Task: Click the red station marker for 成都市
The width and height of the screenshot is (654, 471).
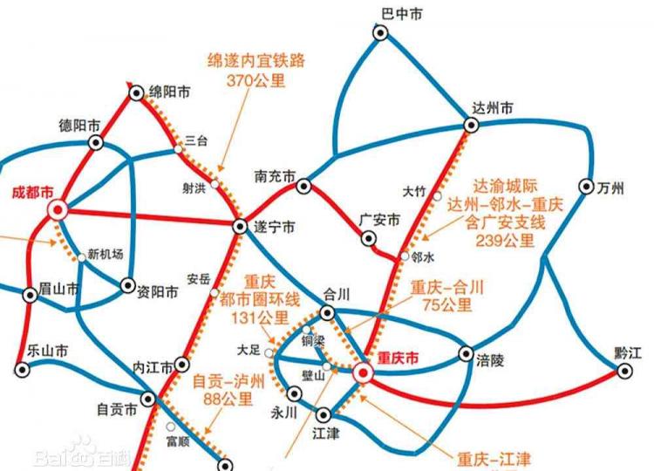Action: click(58, 209)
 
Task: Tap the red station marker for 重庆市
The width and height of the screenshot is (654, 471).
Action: click(364, 374)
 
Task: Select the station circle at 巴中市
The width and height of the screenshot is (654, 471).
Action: click(380, 32)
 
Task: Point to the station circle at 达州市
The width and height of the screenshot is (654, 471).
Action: click(471, 125)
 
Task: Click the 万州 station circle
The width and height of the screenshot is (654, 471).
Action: click(585, 187)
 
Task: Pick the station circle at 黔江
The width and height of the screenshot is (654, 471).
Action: click(624, 370)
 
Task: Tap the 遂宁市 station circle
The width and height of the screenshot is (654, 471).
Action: click(241, 226)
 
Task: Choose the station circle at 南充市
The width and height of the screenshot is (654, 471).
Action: click(303, 186)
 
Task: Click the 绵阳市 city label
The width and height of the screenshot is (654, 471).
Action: click(171, 92)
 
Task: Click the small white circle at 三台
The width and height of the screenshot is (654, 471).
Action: click(179, 149)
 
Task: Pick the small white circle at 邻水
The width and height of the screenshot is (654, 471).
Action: click(404, 256)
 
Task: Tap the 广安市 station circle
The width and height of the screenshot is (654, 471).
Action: click(366, 238)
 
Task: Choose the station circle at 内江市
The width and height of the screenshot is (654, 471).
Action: click(181, 364)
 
